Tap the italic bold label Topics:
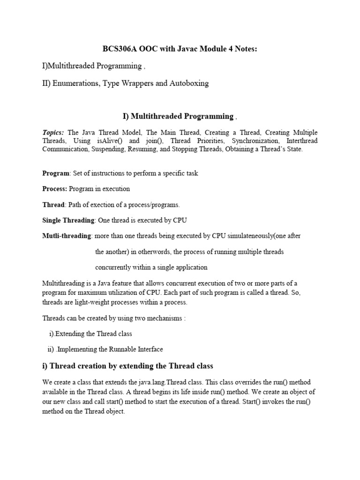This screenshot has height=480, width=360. [53, 133]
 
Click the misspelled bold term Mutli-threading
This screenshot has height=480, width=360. [67, 236]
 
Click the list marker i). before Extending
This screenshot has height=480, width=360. [52, 334]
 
